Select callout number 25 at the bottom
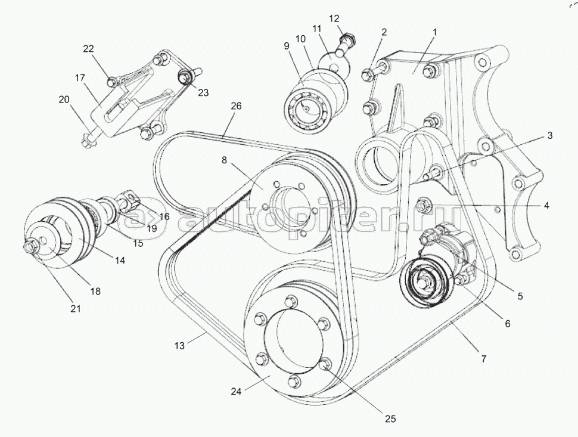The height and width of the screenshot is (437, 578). point(390,419)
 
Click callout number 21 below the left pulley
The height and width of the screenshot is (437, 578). point(75,309)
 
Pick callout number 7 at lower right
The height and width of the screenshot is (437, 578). point(483,359)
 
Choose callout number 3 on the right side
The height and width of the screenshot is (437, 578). point(549,136)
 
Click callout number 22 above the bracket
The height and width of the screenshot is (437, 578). point(88,49)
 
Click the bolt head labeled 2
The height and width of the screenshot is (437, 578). point(367,75)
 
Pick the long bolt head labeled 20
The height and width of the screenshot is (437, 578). point(85,142)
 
